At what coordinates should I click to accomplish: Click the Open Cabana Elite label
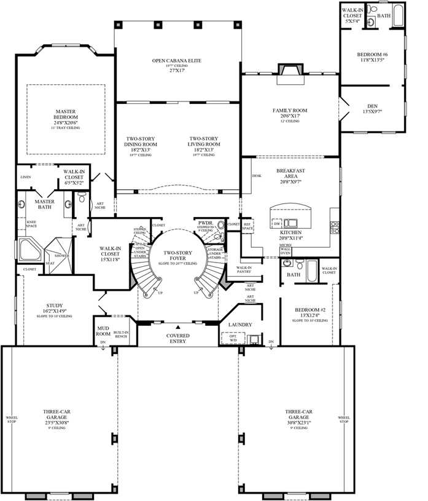(x=177, y=61)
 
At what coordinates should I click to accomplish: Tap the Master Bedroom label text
(x=65, y=114)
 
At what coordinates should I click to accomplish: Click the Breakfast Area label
(x=290, y=174)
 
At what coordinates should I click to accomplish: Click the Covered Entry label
(x=178, y=338)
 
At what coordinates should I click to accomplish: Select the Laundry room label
(x=241, y=323)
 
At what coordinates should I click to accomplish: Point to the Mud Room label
(x=103, y=331)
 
